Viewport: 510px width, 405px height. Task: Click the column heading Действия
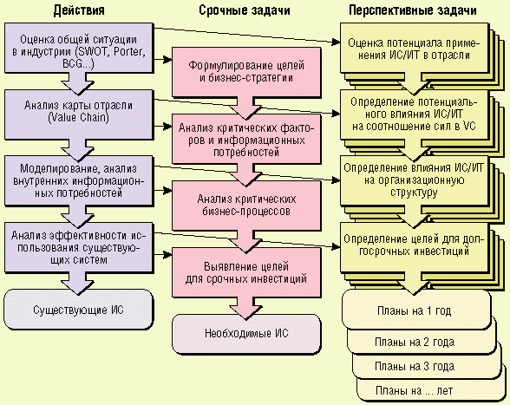(x=79, y=10)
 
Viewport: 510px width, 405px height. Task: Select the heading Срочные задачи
(x=245, y=10)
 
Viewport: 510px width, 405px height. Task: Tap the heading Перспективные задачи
(x=413, y=10)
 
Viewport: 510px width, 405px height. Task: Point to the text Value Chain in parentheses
(x=78, y=117)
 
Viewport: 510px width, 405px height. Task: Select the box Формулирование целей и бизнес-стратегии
(x=246, y=72)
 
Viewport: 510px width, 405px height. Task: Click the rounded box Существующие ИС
(x=78, y=310)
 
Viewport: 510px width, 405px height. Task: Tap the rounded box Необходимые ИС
(x=246, y=333)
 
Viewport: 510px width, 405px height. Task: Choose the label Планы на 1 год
(x=414, y=311)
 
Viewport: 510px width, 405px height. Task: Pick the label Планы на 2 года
(x=415, y=343)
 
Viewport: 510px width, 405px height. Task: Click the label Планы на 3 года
(x=415, y=367)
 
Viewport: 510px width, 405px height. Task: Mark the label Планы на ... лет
(x=414, y=390)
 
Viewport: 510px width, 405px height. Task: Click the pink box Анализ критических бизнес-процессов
(x=246, y=206)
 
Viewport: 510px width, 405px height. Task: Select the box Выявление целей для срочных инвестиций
(x=246, y=272)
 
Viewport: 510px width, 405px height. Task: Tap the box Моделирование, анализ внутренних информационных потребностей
(x=78, y=180)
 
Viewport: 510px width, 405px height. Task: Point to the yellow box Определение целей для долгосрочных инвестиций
(x=414, y=247)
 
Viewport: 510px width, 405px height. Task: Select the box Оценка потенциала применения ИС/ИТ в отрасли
(x=414, y=48)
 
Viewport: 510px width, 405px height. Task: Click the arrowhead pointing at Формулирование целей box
(x=167, y=60)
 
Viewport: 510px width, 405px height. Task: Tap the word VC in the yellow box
(x=469, y=126)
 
